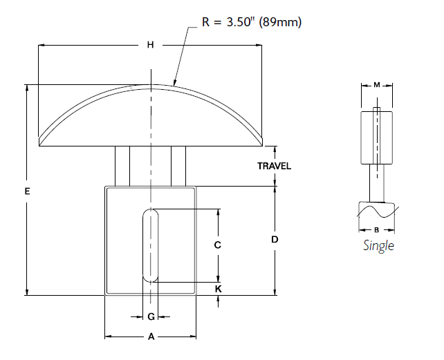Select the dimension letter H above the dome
coord(150,45)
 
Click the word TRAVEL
coord(275,166)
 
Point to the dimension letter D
coord(275,240)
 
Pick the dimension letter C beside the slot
coord(217,245)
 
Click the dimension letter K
coord(218,289)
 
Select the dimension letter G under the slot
coord(151,317)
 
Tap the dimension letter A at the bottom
coord(151,337)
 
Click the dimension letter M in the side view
coord(377,85)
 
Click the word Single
coord(378,246)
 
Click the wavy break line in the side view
coord(376,209)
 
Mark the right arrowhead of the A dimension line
coord(193,337)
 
